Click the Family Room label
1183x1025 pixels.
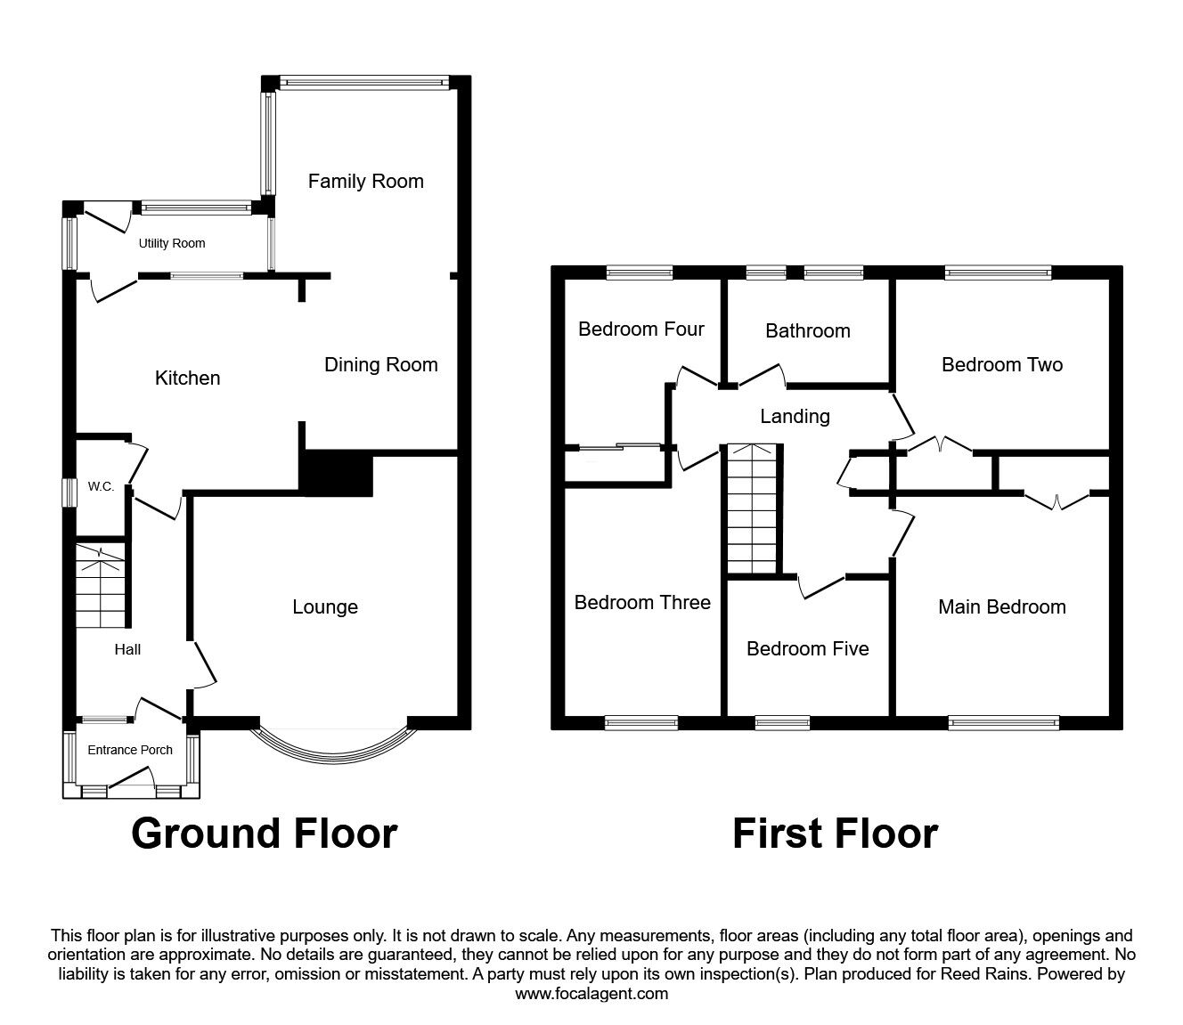[x=366, y=182]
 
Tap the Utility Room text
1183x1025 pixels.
[x=172, y=243]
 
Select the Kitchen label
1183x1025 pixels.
[x=188, y=378]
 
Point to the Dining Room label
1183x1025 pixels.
[x=380, y=364]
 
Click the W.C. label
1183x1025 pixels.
[x=101, y=486]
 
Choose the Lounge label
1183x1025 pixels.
[x=325, y=606]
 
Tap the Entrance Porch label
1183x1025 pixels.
[x=130, y=750]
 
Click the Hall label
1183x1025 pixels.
[x=127, y=649]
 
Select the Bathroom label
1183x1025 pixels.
[x=808, y=330]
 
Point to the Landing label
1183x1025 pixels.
[x=795, y=416]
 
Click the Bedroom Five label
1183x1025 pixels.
[x=808, y=648]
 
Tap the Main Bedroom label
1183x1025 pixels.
[x=1002, y=606]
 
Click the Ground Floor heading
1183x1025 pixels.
[x=265, y=834]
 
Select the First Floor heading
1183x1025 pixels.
[x=835, y=834]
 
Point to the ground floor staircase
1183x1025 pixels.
[x=100, y=586]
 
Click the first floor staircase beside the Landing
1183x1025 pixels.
[x=752, y=508]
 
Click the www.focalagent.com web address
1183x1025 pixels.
[x=591, y=994]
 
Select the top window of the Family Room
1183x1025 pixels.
[x=364, y=84]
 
